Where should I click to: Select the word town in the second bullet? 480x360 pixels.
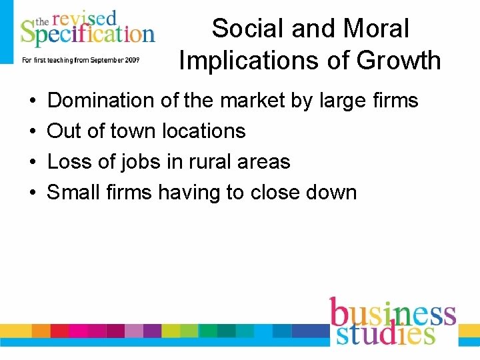coord(133,131)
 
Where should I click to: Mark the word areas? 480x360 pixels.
coord(266,162)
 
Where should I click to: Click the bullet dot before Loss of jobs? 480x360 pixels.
coord(33,163)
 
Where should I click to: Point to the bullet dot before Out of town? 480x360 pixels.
coord(33,132)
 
